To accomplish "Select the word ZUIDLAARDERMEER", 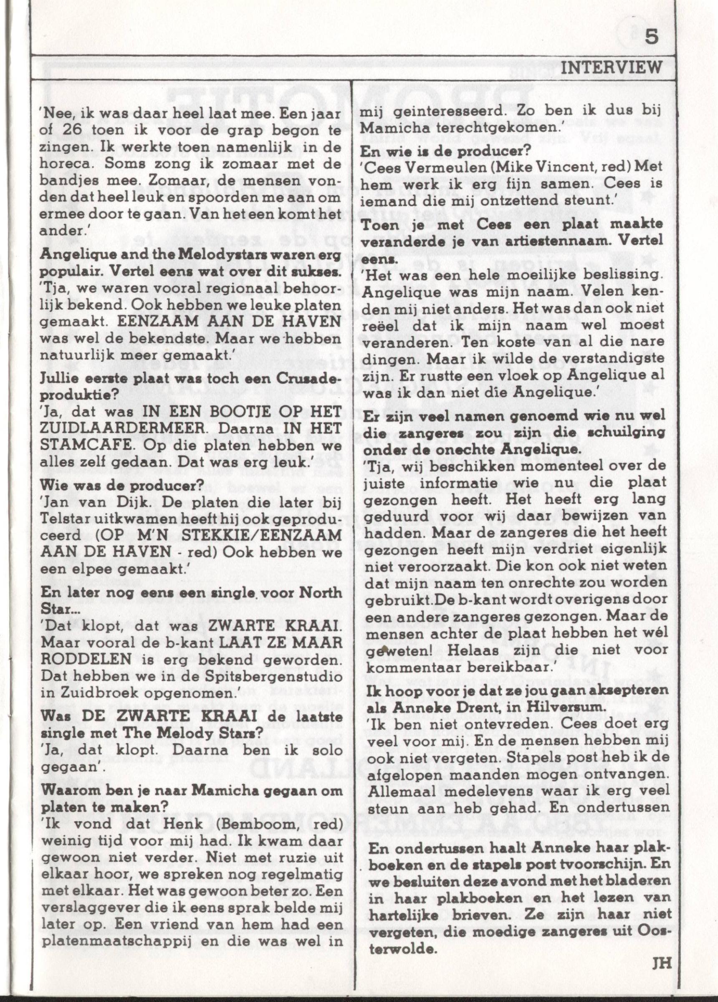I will (x=107, y=429).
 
